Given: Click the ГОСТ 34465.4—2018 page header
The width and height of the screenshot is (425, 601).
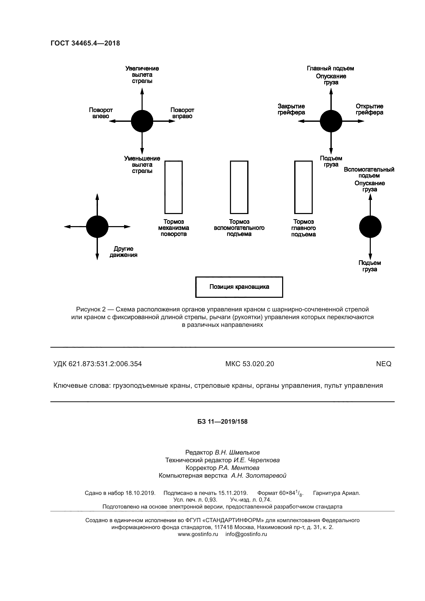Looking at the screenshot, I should (x=85, y=43).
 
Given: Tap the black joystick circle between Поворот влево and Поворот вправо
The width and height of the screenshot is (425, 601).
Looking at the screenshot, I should (x=142, y=121).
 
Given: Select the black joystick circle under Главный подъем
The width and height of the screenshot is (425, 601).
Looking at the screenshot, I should (x=331, y=121).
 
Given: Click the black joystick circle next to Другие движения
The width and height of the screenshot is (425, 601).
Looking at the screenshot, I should (x=97, y=227).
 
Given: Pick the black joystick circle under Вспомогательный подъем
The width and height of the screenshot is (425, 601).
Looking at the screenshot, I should (x=370, y=227).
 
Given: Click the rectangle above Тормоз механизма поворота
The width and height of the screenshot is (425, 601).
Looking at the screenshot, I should (x=173, y=187).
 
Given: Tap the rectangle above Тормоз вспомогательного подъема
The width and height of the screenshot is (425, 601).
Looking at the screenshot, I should (x=239, y=187).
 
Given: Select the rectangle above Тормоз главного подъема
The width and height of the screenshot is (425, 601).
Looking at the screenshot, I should (x=303, y=187).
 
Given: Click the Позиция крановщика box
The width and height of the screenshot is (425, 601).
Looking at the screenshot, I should (x=239, y=287).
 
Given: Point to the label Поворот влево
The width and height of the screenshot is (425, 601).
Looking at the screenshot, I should (x=101, y=113).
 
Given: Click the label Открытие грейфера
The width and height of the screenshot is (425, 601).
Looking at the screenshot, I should (x=369, y=109).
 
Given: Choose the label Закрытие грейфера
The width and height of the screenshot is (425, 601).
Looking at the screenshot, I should (x=291, y=109).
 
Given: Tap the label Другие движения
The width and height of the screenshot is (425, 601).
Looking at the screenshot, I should (x=123, y=252).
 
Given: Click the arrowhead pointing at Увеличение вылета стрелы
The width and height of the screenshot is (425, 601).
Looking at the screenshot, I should (x=142, y=90).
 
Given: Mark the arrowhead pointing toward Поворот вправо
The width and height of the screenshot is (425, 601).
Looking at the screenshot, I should (x=172, y=121).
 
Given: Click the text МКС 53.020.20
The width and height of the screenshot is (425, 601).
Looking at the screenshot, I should (x=250, y=364).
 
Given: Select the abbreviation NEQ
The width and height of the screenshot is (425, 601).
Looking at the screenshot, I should (x=384, y=364).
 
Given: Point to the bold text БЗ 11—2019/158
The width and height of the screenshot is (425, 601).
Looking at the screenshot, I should (x=223, y=422).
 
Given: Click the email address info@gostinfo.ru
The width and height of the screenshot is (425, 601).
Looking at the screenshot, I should (x=246, y=534).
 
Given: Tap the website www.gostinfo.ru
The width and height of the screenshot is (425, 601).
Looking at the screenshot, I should (x=198, y=534).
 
